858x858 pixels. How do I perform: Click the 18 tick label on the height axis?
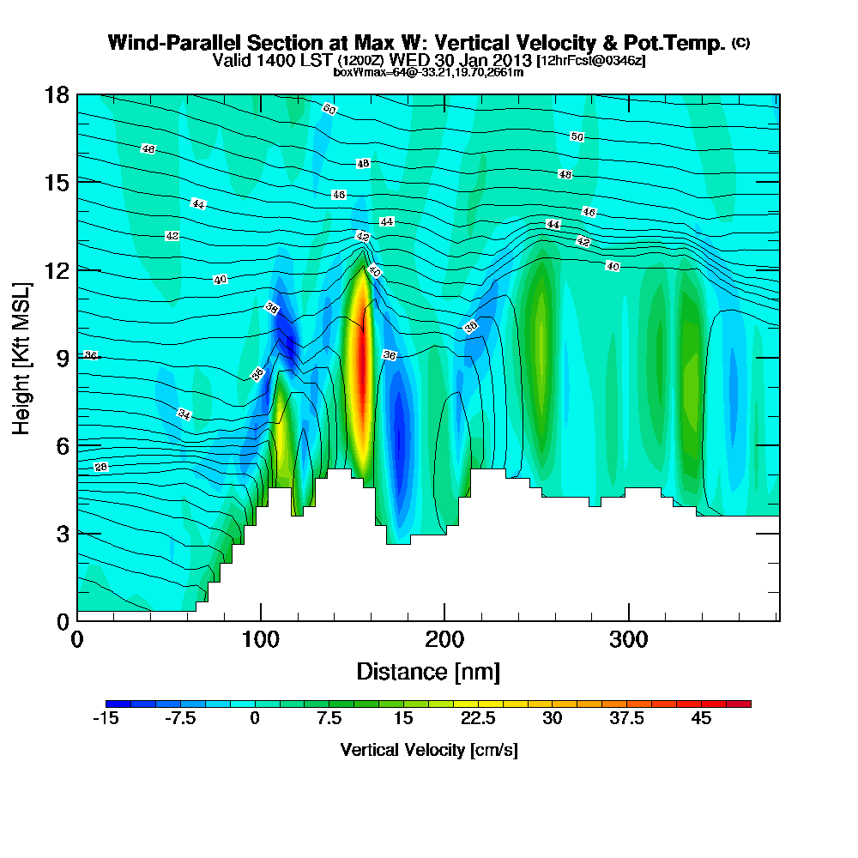[57, 94]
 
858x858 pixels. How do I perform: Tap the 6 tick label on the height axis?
[62, 444]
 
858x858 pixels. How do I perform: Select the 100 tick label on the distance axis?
[261, 639]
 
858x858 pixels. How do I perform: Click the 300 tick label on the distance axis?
[629, 639]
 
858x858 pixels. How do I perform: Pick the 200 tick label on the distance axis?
[444, 639]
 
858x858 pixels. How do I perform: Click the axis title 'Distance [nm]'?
[428, 671]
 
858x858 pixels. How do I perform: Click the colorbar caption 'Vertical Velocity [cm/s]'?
[429, 750]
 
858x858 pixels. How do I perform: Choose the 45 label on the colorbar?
[701, 719]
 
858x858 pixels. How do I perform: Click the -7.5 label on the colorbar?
[179, 719]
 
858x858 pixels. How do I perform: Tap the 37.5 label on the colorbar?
[626, 719]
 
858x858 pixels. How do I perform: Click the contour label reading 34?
[184, 414]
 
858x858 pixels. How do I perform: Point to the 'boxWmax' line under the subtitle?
[428, 72]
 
